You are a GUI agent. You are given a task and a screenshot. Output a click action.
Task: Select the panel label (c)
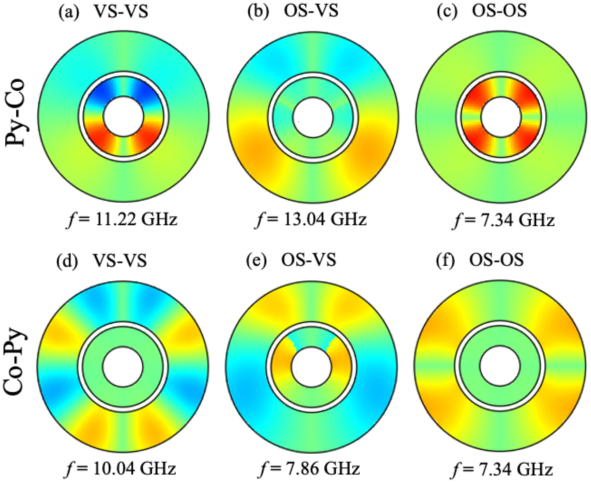[447, 13]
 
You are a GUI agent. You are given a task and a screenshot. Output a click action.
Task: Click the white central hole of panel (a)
[123, 117]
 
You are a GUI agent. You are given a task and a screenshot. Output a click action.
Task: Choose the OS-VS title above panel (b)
[311, 13]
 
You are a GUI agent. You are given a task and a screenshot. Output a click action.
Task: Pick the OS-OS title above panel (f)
[496, 261]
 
